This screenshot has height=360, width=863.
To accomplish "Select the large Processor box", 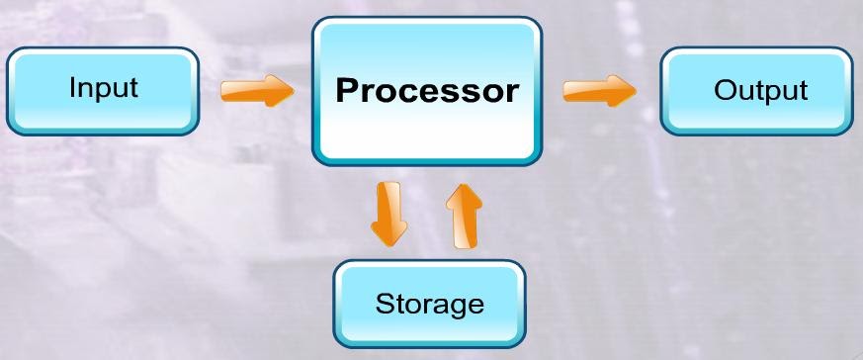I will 427,91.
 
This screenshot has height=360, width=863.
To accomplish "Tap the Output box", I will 759,91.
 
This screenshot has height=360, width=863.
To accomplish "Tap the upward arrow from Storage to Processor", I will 462,216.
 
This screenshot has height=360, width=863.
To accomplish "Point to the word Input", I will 103,88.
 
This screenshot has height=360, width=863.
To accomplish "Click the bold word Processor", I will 427,91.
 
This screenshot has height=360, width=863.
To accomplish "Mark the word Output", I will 760,91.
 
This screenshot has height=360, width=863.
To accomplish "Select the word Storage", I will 429,303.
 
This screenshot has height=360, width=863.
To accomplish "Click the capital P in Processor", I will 346,91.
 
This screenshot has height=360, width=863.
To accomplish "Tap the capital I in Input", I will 72,87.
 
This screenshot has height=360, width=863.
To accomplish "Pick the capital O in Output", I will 723,91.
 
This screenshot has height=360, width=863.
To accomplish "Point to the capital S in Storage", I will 384,303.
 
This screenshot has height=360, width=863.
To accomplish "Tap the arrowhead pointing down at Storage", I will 388,235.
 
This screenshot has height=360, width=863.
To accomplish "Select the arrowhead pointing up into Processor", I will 462,194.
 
